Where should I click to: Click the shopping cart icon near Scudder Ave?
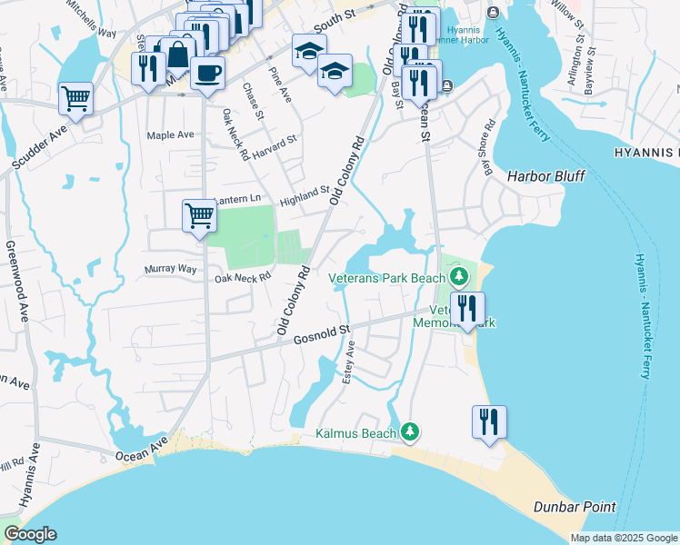76,97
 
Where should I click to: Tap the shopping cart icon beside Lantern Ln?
199,216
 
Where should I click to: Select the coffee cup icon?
208,73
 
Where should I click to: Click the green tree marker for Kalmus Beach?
411,431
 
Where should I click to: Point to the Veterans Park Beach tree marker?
458,275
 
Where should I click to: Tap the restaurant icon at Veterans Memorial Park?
467,308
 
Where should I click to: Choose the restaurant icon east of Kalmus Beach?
489,421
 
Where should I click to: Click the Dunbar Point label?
575,507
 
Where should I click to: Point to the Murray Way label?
171,269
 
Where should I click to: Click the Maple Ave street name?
171,135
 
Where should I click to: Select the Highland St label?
304,193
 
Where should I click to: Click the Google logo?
29,535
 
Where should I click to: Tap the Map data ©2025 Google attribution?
623,538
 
